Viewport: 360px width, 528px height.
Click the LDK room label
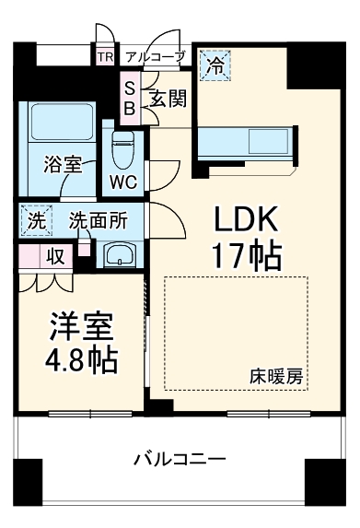point(248,218)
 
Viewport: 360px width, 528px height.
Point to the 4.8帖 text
point(82,359)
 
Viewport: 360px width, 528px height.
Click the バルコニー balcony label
point(179,458)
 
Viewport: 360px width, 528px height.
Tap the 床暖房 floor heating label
point(277,377)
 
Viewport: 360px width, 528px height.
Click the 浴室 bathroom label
point(63,165)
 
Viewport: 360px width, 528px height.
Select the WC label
point(123,182)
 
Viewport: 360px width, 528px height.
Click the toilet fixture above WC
point(123,147)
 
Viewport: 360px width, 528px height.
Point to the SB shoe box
point(130,98)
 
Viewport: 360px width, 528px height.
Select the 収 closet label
point(54,256)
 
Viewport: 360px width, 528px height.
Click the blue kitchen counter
point(243,143)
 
